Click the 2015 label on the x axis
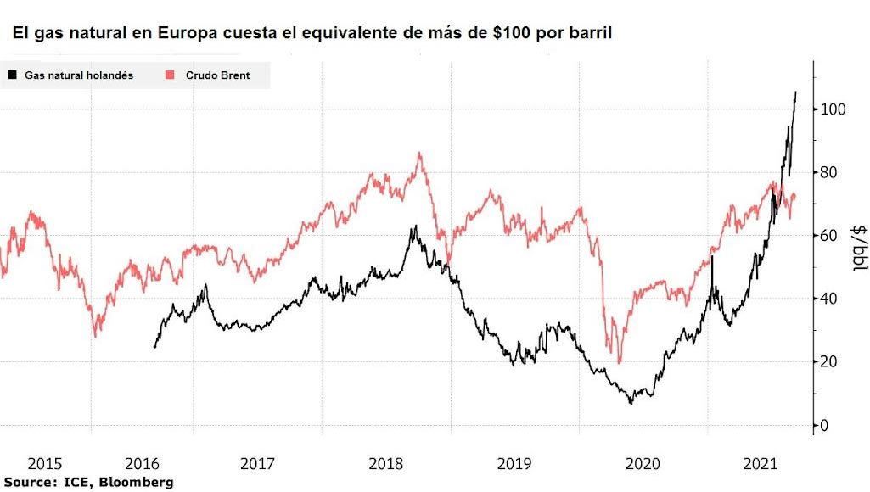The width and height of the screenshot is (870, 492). pos(45,464)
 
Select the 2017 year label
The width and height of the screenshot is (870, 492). pos(257,464)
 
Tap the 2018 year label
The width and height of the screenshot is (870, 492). pos(386,464)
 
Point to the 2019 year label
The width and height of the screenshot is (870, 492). pos(514,464)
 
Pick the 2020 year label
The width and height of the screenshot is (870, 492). pos(643,464)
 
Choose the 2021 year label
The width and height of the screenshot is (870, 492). pos(761,464)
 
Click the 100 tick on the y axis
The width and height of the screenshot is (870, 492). pos(833,109)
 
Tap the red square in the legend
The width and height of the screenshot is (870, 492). pos(170,75)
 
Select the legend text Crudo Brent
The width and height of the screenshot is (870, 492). pos(217,75)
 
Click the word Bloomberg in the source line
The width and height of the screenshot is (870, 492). pos(139,482)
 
